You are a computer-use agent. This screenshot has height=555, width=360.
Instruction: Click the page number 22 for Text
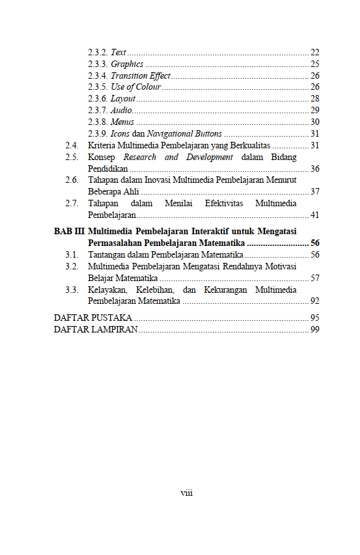tap(314, 52)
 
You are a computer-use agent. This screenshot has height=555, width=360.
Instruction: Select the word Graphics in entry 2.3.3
tap(127, 64)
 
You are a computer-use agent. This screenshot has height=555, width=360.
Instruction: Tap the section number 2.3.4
tap(98, 75)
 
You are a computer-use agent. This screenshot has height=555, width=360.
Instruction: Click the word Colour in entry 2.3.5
tap(148, 87)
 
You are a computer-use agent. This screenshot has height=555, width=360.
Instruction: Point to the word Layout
tap(123, 99)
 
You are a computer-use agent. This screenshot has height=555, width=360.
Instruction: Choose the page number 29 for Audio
tap(314, 110)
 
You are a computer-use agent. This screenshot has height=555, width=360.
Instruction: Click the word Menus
tap(122, 122)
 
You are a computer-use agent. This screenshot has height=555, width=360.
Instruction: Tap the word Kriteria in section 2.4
tap(103, 145)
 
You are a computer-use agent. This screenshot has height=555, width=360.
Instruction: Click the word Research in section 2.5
tap(139, 157)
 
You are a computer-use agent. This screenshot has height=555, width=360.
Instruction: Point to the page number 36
tap(314, 169)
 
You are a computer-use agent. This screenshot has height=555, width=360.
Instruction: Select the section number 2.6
tap(72, 180)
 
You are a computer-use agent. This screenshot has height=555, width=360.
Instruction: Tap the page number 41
tap(314, 215)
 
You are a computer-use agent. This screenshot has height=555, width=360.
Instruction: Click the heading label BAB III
tap(68, 232)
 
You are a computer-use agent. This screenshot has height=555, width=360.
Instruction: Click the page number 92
tap(314, 301)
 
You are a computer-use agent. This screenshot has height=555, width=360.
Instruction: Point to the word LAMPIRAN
tap(116, 330)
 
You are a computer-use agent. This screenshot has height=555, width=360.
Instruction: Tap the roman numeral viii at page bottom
tap(186, 493)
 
